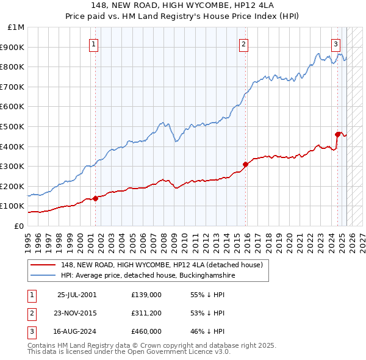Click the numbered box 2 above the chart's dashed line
243,44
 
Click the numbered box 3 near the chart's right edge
335,44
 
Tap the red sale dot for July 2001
96,198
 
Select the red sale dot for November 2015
245,164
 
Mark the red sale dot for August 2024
337,134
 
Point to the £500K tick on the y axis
15,126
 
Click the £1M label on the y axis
17,27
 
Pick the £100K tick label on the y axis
15,206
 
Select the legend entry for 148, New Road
161,265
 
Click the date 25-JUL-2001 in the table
77,295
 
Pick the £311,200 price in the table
146,313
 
